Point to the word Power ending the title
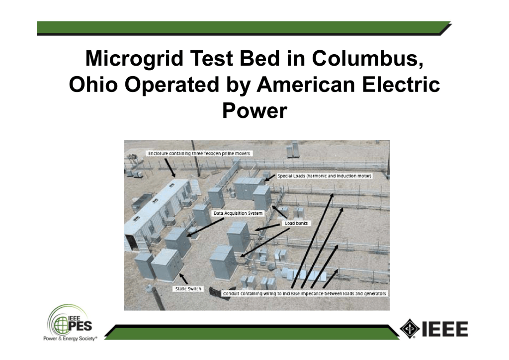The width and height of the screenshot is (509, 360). tap(254, 111)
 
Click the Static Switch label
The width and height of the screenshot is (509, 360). tap(188, 288)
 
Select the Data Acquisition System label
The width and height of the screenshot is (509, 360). tap(238, 213)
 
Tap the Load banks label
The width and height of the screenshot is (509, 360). tap(296, 223)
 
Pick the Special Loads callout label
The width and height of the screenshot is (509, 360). tap(324, 176)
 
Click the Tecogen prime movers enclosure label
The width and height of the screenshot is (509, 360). tap(199, 154)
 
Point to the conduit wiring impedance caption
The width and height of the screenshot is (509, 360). tap(305, 293)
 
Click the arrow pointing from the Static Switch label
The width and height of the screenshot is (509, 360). tap(184, 279)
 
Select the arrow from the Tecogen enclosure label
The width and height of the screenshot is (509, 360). tap(170, 168)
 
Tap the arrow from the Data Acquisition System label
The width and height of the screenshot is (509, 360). tap(205, 227)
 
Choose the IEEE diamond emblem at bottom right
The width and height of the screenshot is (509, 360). tap(410, 329)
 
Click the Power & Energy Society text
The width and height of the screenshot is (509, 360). tap(70, 339)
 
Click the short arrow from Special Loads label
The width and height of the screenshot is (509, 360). tap(270, 178)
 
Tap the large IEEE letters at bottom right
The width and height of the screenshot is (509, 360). tap(445, 329)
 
